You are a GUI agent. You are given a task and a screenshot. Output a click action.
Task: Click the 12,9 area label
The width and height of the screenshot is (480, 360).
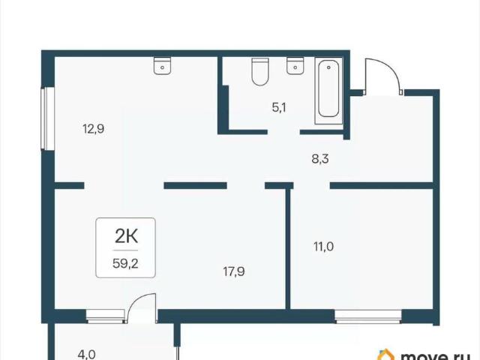pyautogui.click(x=93, y=129)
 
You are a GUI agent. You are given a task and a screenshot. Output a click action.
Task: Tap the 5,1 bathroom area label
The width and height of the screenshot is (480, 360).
pyautogui.click(x=279, y=108)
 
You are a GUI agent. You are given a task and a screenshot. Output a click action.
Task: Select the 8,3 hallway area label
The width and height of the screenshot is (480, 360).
pyautogui.click(x=320, y=159)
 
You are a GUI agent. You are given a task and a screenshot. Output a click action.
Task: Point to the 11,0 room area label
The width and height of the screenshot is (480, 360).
pyautogui.click(x=323, y=246)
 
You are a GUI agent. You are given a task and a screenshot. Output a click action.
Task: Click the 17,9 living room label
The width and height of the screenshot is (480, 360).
pyautogui.click(x=234, y=271)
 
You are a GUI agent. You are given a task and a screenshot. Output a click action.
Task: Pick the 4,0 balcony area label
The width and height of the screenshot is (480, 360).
pyautogui.click(x=87, y=355)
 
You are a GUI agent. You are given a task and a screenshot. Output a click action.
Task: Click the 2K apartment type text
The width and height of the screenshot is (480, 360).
pyautogui.click(x=126, y=236)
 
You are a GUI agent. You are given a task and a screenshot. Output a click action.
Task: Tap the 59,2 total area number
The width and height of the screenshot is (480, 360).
pyautogui.click(x=125, y=263)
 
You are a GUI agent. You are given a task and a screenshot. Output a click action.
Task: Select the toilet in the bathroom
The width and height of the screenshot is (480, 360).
pyautogui.click(x=260, y=72)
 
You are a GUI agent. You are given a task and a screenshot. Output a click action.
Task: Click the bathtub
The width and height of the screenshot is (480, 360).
pyautogui.click(x=328, y=91)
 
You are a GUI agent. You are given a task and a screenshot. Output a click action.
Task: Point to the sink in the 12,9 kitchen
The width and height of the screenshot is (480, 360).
pyautogui.click(x=162, y=66)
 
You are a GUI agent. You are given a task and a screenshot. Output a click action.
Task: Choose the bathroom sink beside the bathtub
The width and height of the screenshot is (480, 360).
pyautogui.click(x=295, y=66)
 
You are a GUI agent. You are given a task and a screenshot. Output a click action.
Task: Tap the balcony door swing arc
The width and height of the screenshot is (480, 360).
pyautogui.click(x=135, y=300)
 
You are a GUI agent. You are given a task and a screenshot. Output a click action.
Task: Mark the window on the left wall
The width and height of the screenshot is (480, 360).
pyautogui.click(x=48, y=118)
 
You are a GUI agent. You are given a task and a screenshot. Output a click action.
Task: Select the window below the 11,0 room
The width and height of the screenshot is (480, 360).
pyautogui.click(x=368, y=316)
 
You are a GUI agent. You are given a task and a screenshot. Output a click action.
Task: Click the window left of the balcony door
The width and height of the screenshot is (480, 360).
pyautogui.click(x=105, y=316)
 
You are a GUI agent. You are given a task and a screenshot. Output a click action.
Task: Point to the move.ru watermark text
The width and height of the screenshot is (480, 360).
pyautogui.click(x=436, y=356)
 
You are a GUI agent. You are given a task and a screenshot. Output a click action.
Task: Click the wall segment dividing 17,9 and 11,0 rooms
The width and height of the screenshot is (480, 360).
pyautogui.click(x=288, y=249)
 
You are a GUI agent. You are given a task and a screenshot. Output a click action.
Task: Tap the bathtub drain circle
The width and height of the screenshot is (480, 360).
pyautogui.click(x=328, y=67)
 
